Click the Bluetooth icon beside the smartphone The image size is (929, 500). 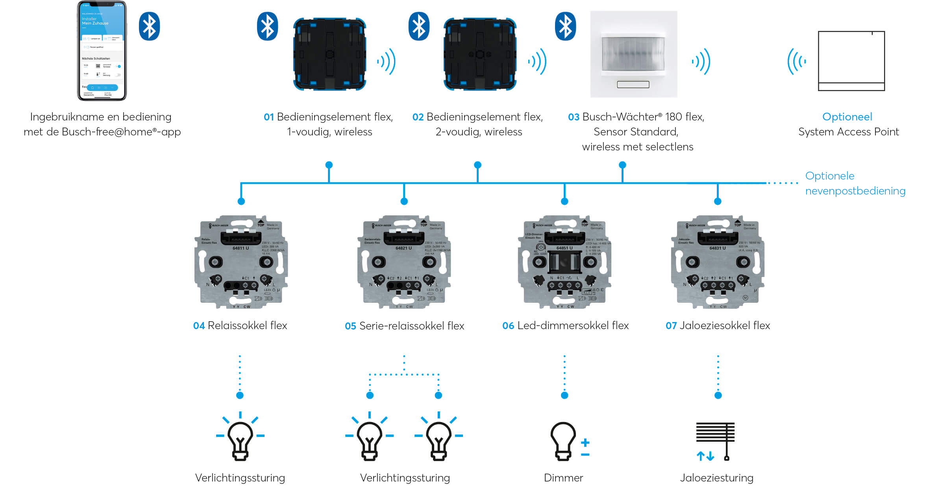point(149,26)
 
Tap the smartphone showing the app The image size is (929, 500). point(102,50)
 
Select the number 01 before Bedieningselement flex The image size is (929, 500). point(268,117)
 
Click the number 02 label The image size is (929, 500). point(418,117)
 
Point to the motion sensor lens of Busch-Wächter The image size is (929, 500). point(633,54)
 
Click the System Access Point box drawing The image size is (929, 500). point(851,61)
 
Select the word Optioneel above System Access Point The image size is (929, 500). point(847,117)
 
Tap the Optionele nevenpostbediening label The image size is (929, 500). point(855,183)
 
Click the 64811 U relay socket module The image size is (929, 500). point(241,262)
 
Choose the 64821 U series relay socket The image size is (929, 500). point(404,262)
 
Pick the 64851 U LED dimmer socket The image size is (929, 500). point(565,262)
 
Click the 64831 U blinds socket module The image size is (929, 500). point(718,262)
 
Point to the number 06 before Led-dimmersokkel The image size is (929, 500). point(508,326)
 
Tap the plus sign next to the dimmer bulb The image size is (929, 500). point(585,443)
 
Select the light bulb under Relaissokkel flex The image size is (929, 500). point(240,439)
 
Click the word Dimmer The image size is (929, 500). point(563,478)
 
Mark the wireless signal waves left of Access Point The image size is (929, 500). point(796,61)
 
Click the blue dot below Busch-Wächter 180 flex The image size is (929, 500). point(622,165)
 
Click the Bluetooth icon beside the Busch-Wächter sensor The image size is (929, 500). point(565,26)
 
